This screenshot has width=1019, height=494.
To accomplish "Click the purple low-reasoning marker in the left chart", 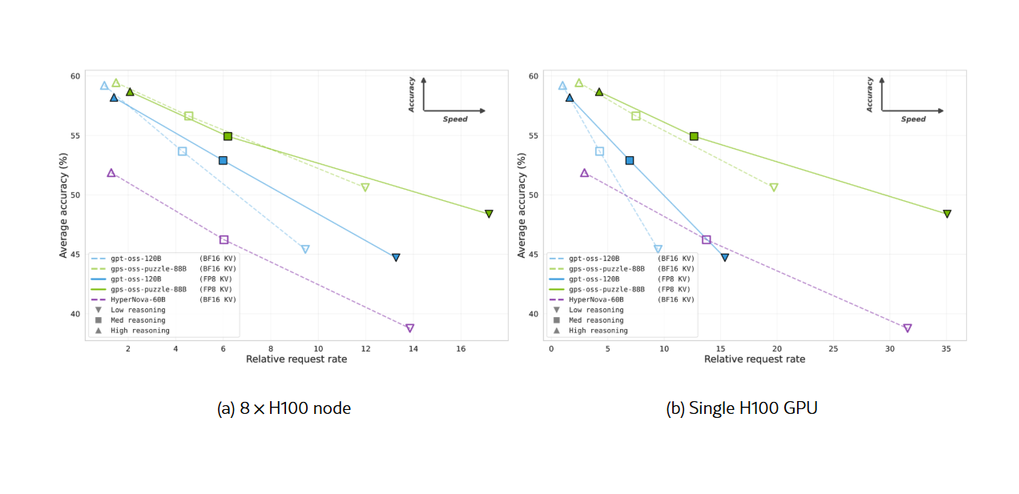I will coord(410,328).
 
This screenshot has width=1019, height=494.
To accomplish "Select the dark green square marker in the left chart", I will coord(228,136).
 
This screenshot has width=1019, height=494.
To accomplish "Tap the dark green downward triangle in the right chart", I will coord(947,214).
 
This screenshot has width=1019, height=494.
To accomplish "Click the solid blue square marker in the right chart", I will coord(630,160).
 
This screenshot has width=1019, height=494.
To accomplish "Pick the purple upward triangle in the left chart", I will coord(111,173).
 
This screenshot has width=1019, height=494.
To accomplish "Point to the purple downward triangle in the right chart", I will coord(908,328).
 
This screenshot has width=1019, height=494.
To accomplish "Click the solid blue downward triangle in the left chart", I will coord(396,258).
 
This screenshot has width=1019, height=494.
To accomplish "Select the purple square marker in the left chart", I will coord(224,239).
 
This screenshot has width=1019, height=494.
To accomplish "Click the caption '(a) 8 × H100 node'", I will coord(284,408).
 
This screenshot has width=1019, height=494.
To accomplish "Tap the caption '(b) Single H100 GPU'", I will coord(742,408).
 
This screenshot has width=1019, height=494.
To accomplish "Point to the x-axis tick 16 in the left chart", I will coord(461,349).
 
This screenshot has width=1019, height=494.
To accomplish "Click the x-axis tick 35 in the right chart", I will coord(947,349).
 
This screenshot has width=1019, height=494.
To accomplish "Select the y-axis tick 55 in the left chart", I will coord(75,135).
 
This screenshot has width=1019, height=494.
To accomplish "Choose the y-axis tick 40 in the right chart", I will coord(533,314).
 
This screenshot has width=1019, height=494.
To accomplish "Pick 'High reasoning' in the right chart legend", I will coord(598,331).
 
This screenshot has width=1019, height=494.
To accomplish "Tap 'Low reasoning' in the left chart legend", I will coord(139,310).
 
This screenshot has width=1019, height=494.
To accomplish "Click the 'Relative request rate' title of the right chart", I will coord(755,359).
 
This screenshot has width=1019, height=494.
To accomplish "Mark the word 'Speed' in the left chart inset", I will coord(455,119).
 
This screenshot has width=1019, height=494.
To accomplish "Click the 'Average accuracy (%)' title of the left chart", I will coord(63,205).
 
